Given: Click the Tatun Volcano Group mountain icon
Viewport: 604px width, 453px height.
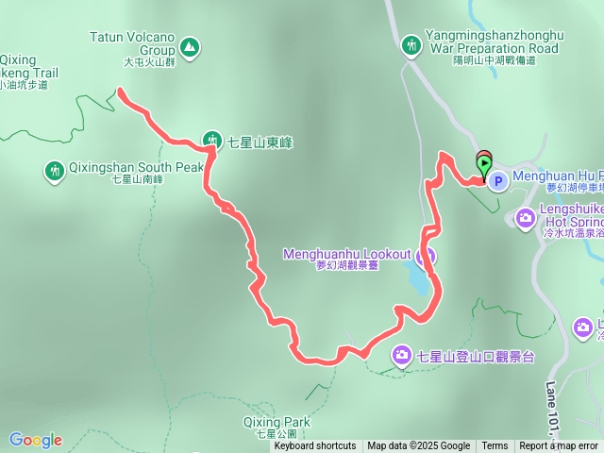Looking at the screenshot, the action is pyautogui.click(x=190, y=46).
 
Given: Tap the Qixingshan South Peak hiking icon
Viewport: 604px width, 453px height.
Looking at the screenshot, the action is pyautogui.click(x=54, y=170).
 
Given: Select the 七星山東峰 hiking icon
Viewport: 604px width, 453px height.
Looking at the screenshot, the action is pyautogui.click(x=211, y=142).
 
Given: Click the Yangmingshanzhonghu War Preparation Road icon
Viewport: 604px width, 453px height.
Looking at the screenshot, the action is pyautogui.click(x=411, y=44).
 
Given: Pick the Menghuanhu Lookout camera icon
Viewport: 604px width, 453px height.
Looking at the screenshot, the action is pyautogui.click(x=426, y=255).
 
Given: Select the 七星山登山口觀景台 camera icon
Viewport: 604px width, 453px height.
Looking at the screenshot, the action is pyautogui.click(x=402, y=355).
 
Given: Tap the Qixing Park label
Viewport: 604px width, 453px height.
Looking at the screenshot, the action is pyautogui.click(x=277, y=422).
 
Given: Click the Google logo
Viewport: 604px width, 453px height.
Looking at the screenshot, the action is pyautogui.click(x=35, y=440).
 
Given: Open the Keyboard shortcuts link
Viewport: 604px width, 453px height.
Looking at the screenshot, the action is pyautogui.click(x=315, y=446).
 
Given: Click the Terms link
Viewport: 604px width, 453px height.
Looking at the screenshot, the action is pyautogui.click(x=495, y=446).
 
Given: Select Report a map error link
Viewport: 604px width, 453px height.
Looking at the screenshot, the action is pyautogui.click(x=559, y=446).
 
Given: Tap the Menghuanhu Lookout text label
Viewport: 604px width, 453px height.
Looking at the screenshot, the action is pyautogui.click(x=347, y=255).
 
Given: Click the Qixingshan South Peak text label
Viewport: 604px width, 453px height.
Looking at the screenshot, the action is pyautogui.click(x=136, y=168).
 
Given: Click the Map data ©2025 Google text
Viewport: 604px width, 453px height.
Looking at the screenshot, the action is pyautogui.click(x=419, y=446).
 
